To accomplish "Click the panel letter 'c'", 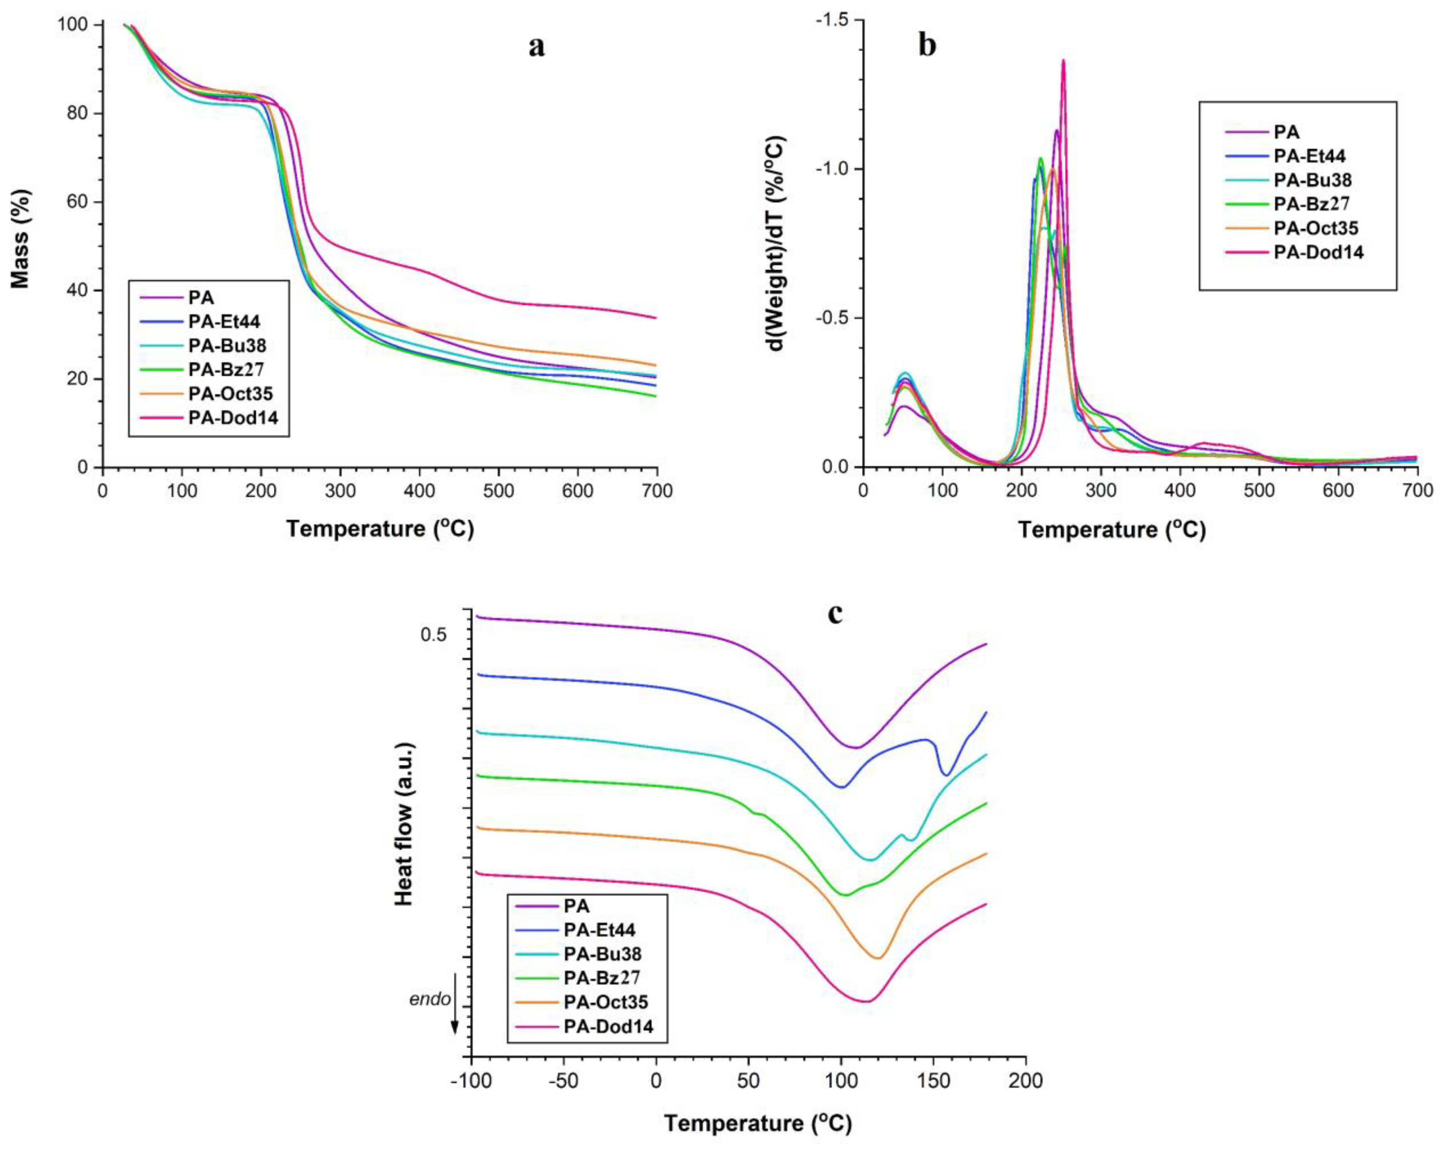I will pos(835,613).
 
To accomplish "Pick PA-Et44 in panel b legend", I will pos(1309,156).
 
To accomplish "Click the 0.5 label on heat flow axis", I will pos(433,634).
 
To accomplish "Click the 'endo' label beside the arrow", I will pos(430,999).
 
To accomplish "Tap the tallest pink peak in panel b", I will pos(1063,61).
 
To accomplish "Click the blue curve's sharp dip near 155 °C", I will pos(946,774).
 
